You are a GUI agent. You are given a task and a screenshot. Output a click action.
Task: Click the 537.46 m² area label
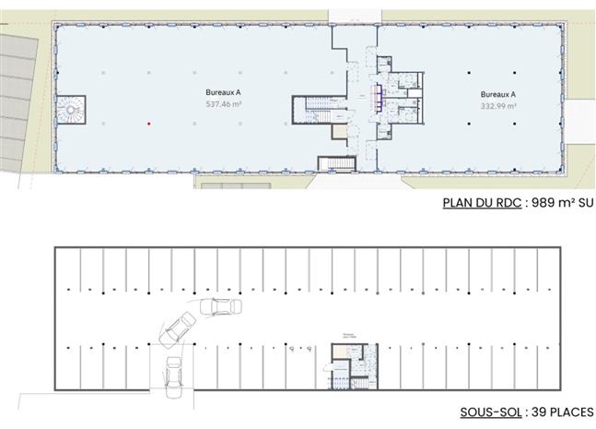click(x=217, y=104)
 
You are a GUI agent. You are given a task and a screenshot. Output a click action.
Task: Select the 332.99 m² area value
click(x=497, y=105)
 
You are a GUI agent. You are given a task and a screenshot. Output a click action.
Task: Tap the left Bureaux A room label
click(x=217, y=93)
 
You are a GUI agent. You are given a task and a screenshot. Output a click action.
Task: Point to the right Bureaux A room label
click(x=497, y=94)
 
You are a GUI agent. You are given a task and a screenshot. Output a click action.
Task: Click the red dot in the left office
click(x=147, y=123)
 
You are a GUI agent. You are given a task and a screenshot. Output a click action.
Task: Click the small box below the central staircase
click(x=336, y=164)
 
